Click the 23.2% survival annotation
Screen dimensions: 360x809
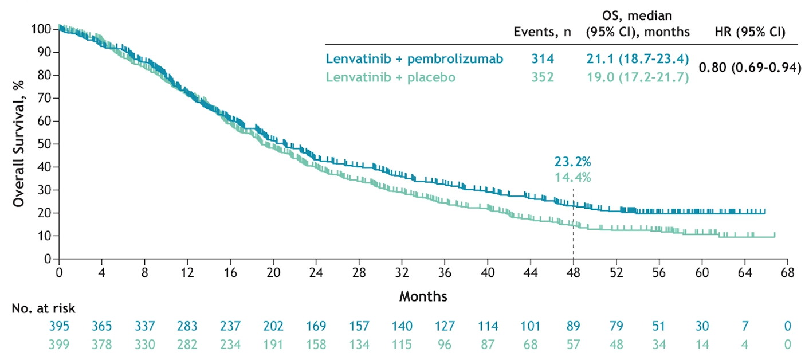pyautogui.click(x=572, y=162)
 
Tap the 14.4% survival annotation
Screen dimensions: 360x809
pyautogui.click(x=572, y=177)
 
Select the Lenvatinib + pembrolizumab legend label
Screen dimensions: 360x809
pyautogui.click(x=414, y=59)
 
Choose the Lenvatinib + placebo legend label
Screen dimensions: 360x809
pyautogui.click(x=391, y=77)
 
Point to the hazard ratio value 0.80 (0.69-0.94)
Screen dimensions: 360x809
pyautogui.click(x=749, y=68)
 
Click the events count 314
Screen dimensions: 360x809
pyautogui.click(x=543, y=59)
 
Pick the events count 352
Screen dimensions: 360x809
pyautogui.click(x=543, y=77)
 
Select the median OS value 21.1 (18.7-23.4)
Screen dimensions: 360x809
pyautogui.click(x=637, y=59)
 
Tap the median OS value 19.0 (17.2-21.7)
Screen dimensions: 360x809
pyautogui.click(x=637, y=77)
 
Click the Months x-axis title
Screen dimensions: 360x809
pyautogui.click(x=423, y=296)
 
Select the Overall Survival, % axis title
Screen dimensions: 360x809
pyautogui.click(x=19, y=143)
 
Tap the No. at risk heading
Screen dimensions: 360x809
pyautogui.click(x=44, y=308)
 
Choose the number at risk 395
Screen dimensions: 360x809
pyautogui.click(x=59, y=326)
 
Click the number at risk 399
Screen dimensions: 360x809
pyautogui.click(x=59, y=344)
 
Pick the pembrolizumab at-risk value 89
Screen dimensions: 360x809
pyautogui.click(x=574, y=326)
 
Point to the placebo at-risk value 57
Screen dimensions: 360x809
pyautogui.click(x=574, y=344)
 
